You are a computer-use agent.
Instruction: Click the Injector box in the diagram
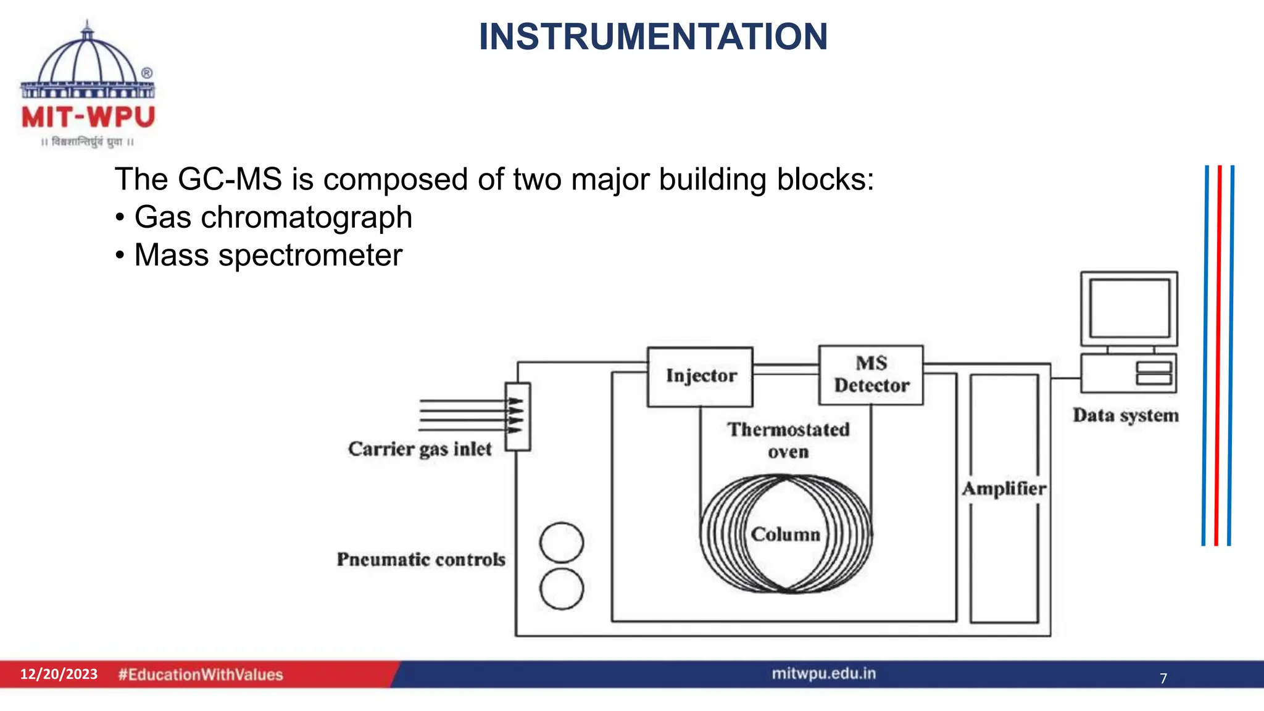[x=701, y=376]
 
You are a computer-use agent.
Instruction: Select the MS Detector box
[x=871, y=375]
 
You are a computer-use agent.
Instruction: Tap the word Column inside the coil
[x=785, y=534]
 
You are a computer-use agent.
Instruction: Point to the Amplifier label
[x=1004, y=489]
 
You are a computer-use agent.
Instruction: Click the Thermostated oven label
[x=788, y=440]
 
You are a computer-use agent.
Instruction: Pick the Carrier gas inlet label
[x=420, y=449]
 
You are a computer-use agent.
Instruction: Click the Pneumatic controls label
[x=421, y=560]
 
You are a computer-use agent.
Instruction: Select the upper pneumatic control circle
[x=561, y=543]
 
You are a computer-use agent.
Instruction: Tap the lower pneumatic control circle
[x=561, y=589]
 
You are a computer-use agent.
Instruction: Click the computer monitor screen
[x=1129, y=308]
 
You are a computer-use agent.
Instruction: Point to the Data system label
[x=1126, y=415]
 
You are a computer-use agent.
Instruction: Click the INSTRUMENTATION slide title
[x=653, y=37]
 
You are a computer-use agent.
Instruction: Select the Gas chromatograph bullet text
[x=273, y=217]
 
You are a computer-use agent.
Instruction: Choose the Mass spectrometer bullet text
[x=268, y=256]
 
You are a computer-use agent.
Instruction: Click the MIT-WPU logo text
[x=88, y=117]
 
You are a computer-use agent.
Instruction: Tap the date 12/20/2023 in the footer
[x=59, y=674]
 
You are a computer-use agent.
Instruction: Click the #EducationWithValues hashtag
[x=201, y=675]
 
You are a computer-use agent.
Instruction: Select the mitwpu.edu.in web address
[x=823, y=673]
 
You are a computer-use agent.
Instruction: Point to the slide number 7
[x=1163, y=678]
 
